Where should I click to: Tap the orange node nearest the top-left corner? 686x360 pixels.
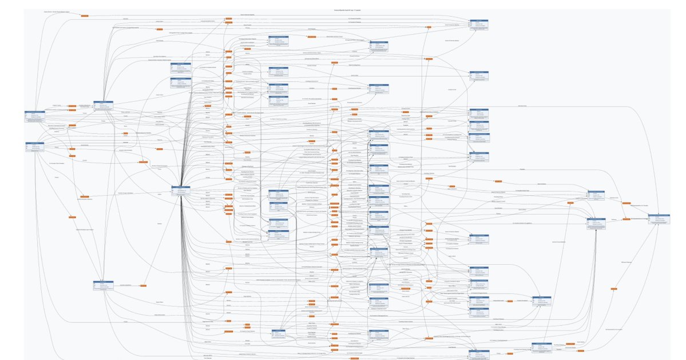click(85, 15)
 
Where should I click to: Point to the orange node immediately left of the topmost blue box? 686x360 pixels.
click(429, 26)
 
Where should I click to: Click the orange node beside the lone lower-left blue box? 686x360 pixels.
click(143, 285)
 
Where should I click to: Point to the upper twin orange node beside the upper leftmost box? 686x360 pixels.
click(73, 106)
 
